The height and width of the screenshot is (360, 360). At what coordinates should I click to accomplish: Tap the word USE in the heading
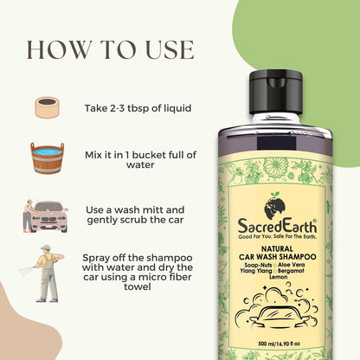pyautogui.click(x=170, y=50)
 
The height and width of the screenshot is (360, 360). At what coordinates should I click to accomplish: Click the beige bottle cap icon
pyautogui.click(x=48, y=107)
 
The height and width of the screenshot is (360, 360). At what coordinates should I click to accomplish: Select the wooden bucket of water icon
pyautogui.click(x=48, y=158)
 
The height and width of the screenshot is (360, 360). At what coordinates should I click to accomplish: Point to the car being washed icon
pyautogui.click(x=46, y=216)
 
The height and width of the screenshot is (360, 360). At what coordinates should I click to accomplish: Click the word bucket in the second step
pyautogui.click(x=149, y=155)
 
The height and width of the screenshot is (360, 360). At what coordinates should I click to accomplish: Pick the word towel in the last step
pyautogui.click(x=138, y=286)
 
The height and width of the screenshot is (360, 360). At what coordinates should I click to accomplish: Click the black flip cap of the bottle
pyautogui.click(x=275, y=93)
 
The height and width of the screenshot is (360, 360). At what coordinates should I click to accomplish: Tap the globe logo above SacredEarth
pyautogui.click(x=275, y=206)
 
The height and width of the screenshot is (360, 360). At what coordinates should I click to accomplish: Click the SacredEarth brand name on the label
pyautogui.click(x=277, y=226)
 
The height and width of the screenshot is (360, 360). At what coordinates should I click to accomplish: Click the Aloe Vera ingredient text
pyautogui.click(x=291, y=265)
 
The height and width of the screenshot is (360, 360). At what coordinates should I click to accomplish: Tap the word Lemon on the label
pyautogui.click(x=279, y=277)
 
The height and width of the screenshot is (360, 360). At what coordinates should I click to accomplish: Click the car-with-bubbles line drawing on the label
pyautogui.click(x=277, y=306)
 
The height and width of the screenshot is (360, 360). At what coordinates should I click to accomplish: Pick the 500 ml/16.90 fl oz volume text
pyautogui.click(x=279, y=344)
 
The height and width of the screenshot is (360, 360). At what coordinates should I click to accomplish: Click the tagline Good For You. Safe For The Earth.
pyautogui.click(x=277, y=237)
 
